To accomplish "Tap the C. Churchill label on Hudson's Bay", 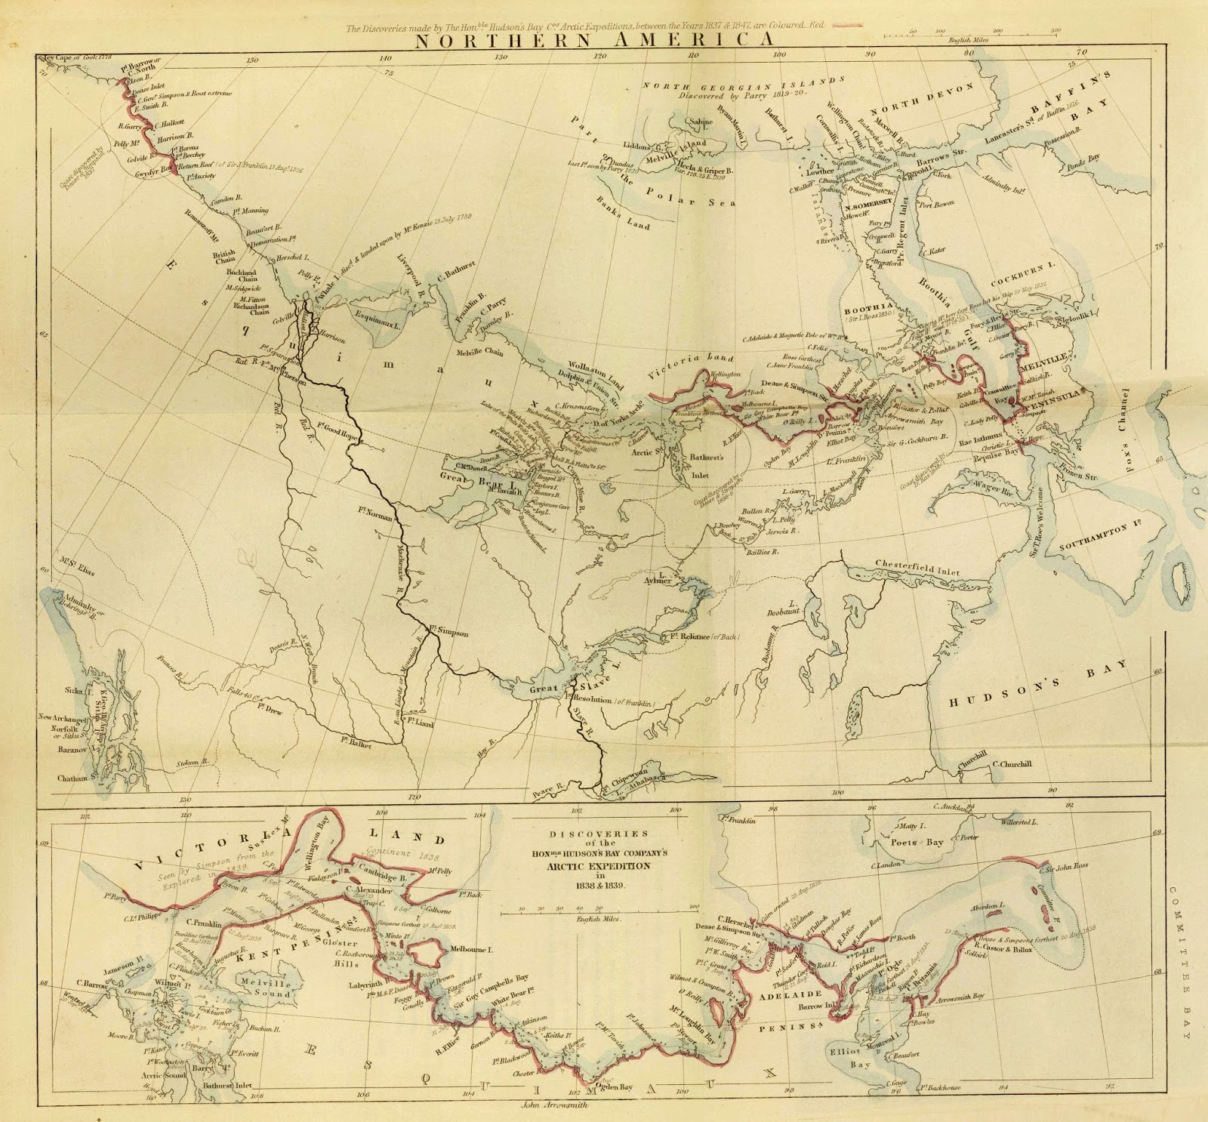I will coord(1012,763).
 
